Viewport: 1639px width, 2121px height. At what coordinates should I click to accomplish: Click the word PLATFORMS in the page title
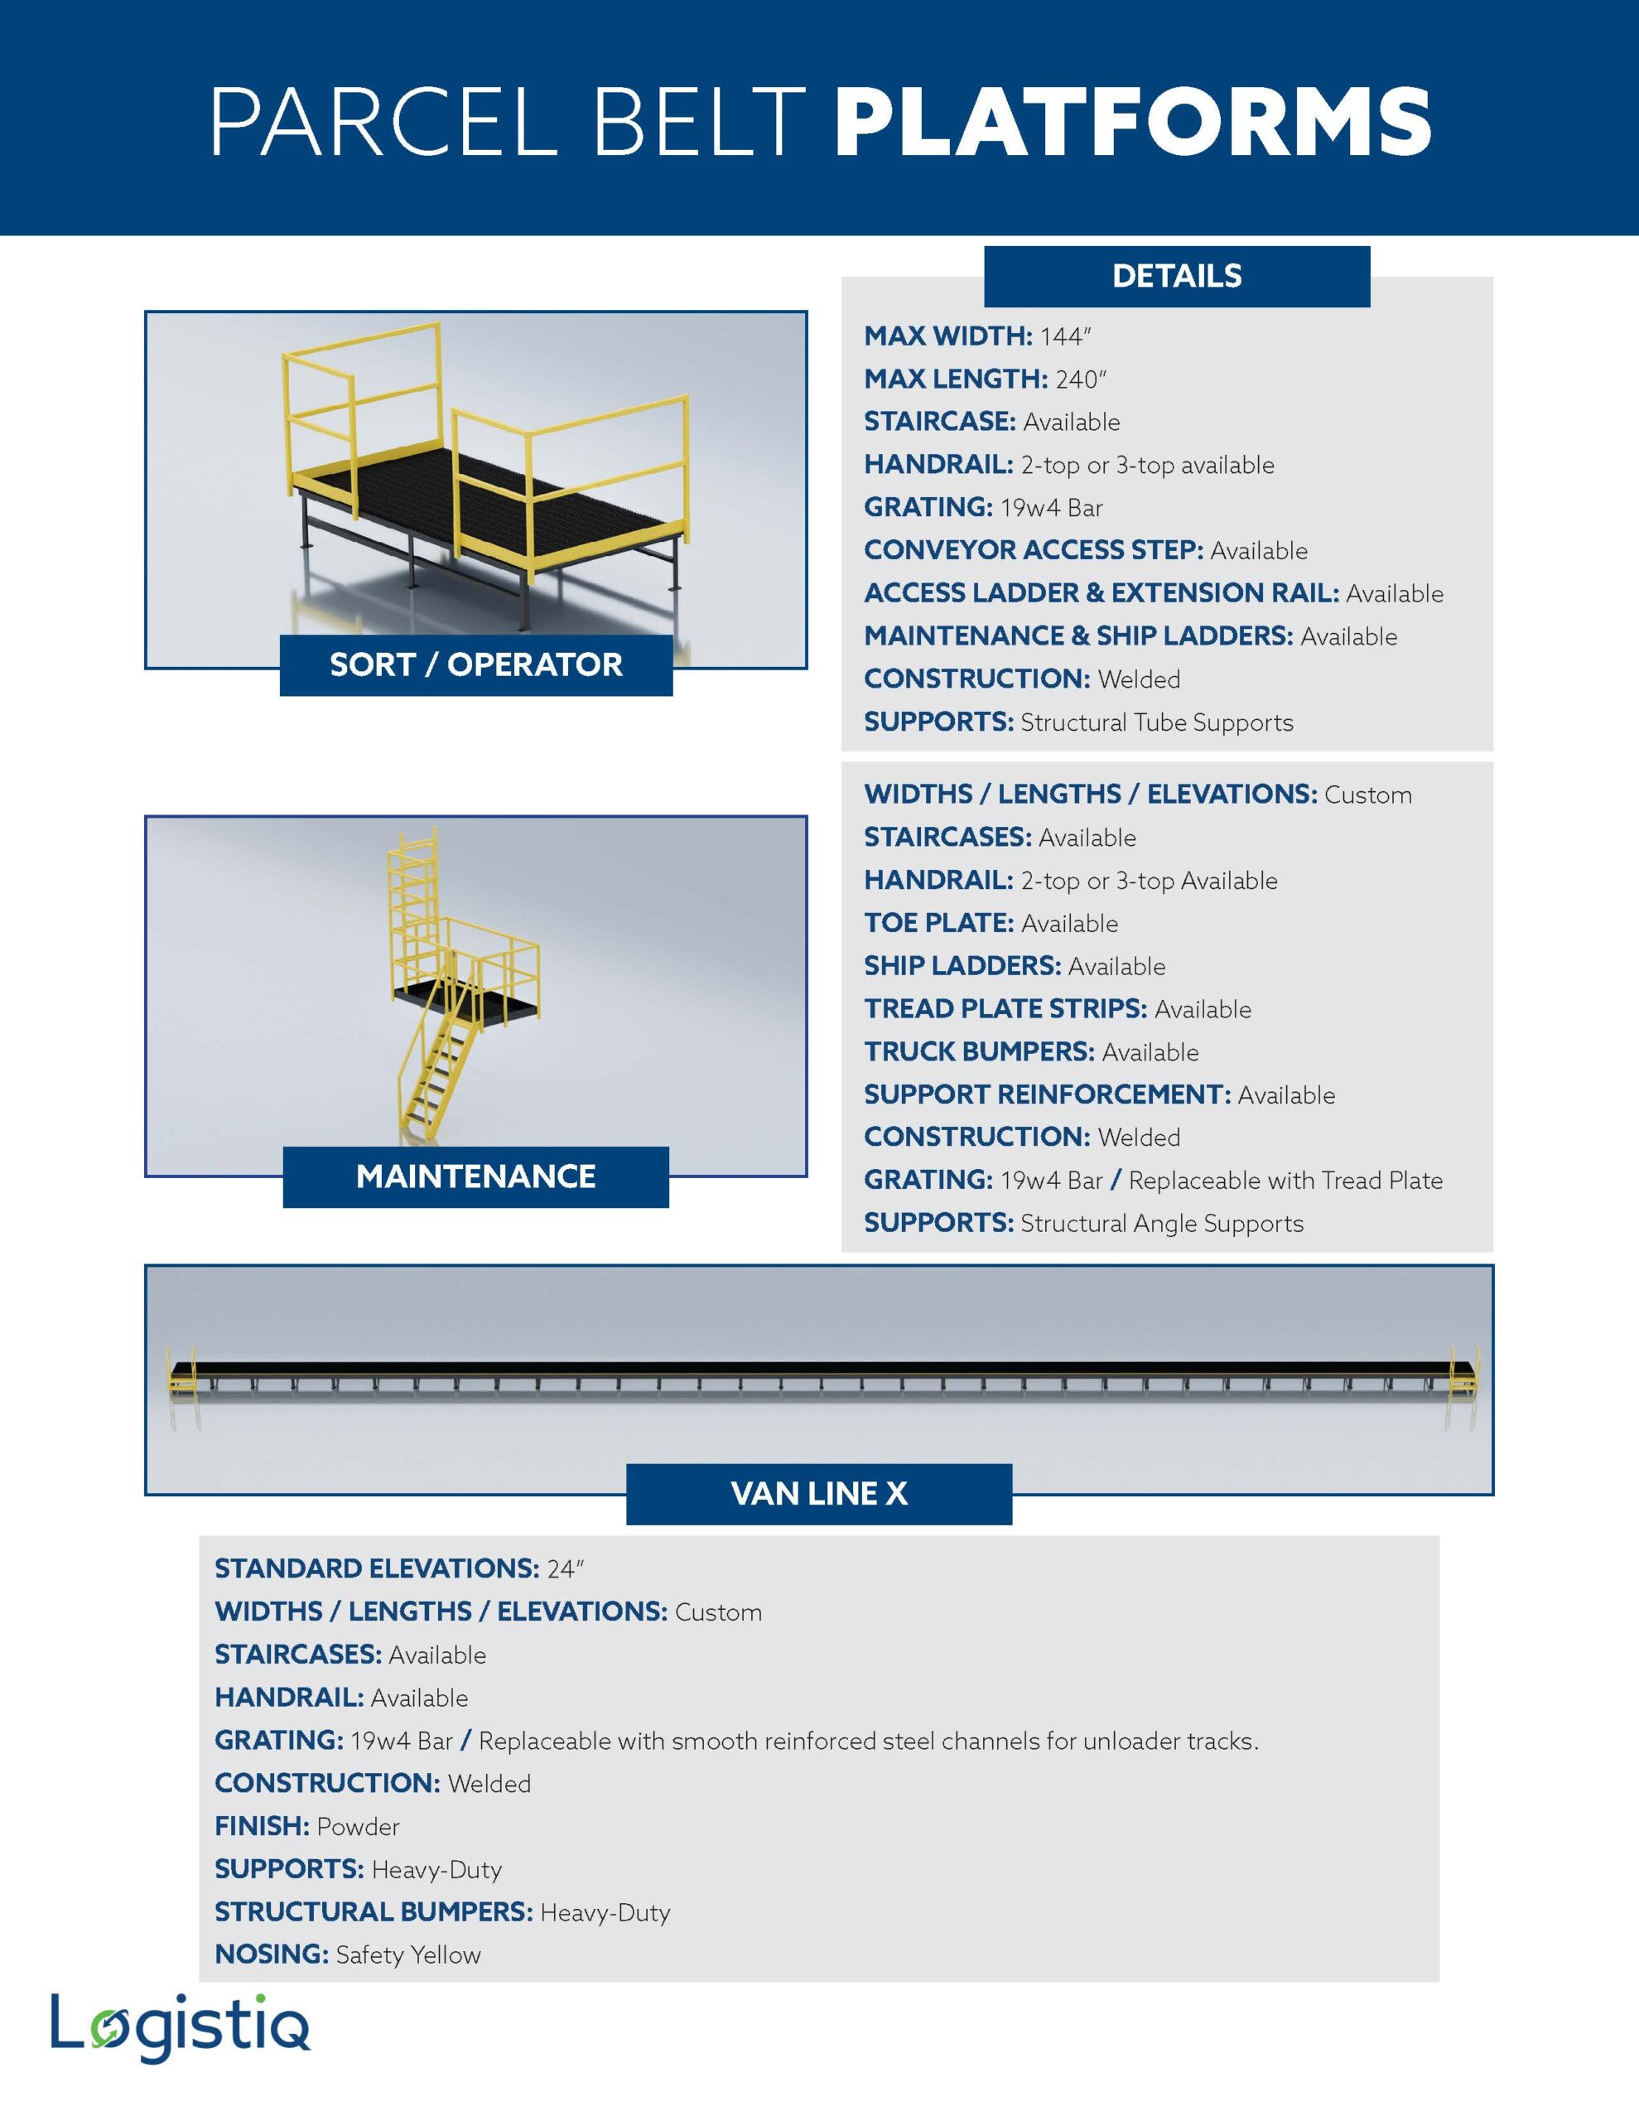tap(1132, 122)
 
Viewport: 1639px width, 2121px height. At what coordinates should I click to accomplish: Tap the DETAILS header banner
tap(1176, 277)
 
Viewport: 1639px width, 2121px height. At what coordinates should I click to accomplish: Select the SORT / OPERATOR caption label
tap(475, 665)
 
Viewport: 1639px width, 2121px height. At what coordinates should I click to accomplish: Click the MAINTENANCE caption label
tap(475, 1177)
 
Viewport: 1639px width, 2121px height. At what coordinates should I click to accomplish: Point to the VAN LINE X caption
tap(818, 1494)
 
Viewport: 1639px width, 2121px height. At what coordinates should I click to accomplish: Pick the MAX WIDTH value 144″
tap(1065, 337)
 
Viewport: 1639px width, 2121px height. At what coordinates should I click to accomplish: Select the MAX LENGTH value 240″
tap(1081, 379)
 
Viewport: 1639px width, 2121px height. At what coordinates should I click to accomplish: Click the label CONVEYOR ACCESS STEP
tap(1033, 551)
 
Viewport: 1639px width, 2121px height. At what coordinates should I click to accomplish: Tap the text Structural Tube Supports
tap(1156, 722)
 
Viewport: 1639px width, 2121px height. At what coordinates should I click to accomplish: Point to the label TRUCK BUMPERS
tap(979, 1051)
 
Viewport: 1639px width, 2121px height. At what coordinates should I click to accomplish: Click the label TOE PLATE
tap(938, 924)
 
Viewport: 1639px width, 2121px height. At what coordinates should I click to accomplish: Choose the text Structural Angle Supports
tap(1161, 1224)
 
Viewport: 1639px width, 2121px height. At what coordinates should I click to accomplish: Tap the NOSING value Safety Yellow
tap(407, 1955)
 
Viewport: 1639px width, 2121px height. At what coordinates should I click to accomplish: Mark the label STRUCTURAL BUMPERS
tap(373, 1912)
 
